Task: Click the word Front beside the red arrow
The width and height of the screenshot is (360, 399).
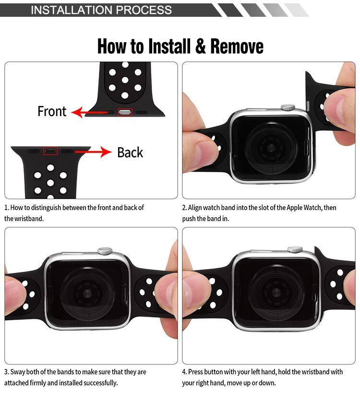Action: (x=52, y=111)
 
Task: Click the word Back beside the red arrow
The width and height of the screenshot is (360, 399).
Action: (x=130, y=153)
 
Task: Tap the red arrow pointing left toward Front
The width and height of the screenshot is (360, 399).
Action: (x=90, y=112)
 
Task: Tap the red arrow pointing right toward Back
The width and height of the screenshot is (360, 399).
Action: (x=93, y=152)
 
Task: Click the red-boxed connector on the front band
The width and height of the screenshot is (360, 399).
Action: (x=125, y=112)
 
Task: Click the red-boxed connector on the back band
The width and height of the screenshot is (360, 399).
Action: (x=50, y=151)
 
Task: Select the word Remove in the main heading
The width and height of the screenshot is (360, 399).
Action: (x=237, y=47)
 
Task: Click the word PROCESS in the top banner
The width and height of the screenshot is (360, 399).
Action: (x=144, y=10)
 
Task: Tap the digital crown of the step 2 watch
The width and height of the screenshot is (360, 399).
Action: (x=288, y=107)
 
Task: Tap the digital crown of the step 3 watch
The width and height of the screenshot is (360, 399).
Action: (x=105, y=251)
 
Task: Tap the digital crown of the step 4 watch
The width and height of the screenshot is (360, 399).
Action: (x=295, y=249)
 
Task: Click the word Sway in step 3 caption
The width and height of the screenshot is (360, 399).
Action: (x=18, y=372)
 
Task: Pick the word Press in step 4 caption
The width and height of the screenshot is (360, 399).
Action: (x=195, y=372)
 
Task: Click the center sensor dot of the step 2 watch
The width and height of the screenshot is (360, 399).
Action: (x=271, y=147)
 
